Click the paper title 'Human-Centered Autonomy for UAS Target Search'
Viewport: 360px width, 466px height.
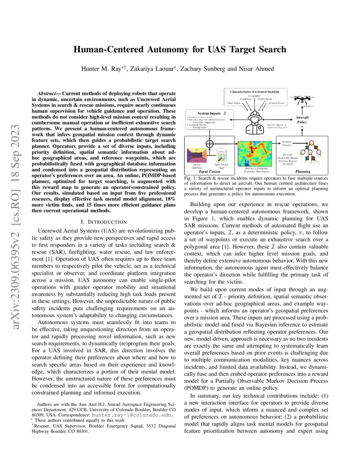click(x=180, y=50)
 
